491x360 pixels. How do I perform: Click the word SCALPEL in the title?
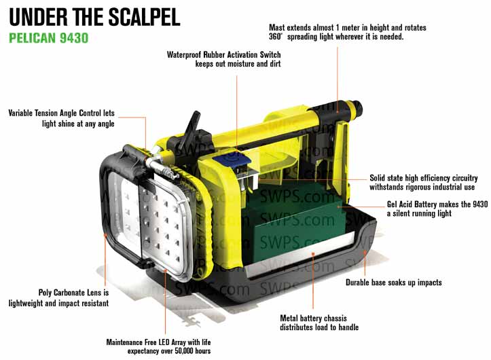[144, 17]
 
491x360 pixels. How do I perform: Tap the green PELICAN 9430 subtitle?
[49, 38]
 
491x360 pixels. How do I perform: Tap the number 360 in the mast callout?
[275, 37]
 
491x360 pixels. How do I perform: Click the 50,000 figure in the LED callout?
[184, 351]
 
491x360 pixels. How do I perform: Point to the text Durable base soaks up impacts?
[394, 283]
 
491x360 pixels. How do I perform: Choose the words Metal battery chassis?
[313, 319]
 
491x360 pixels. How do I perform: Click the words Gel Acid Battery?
[412, 204]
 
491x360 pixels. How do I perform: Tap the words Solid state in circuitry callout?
[386, 178]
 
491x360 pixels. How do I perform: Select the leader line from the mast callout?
[338, 79]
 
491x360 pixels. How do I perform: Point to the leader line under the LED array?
[165, 302]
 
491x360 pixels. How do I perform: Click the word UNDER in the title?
[38, 17]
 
